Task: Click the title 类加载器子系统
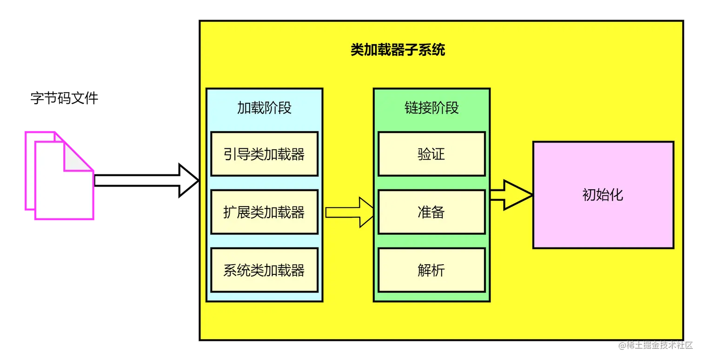click(398, 50)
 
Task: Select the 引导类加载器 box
click(264, 154)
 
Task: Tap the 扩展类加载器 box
click(264, 212)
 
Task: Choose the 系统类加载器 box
click(264, 270)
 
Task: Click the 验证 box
click(431, 154)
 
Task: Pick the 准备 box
click(431, 212)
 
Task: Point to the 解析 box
click(431, 270)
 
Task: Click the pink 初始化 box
click(603, 195)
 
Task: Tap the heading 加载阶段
click(264, 108)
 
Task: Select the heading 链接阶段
click(431, 108)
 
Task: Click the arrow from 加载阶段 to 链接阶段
click(349, 213)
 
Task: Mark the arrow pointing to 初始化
click(511, 195)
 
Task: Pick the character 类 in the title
click(357, 50)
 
